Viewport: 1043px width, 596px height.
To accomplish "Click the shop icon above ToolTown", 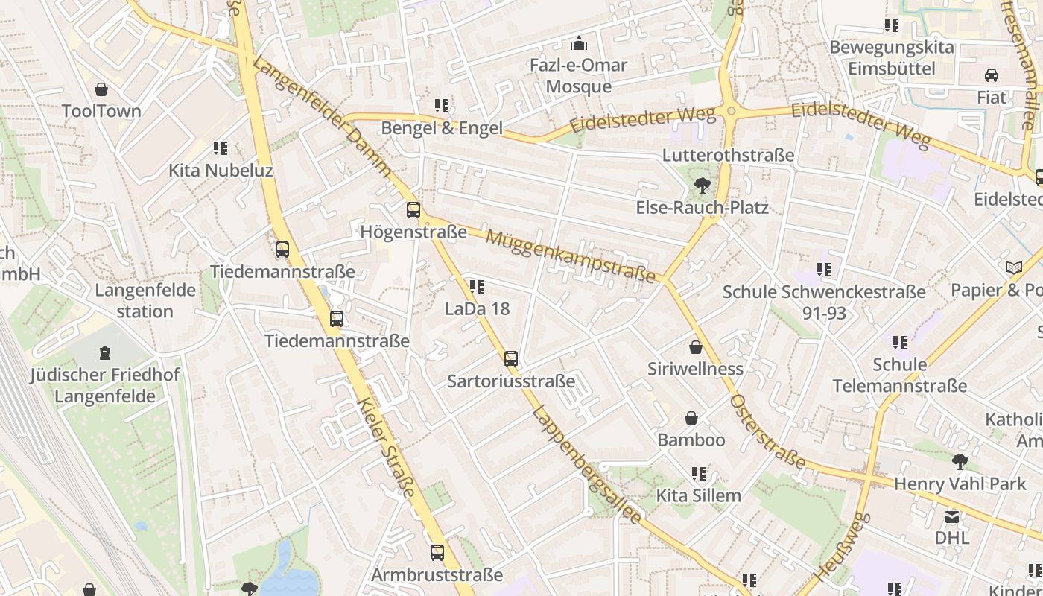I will click(x=101, y=90).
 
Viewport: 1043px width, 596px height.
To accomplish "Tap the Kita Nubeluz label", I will click(x=220, y=171).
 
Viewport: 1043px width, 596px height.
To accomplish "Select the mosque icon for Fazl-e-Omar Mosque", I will click(x=579, y=44).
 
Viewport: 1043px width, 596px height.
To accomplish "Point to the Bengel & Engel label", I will click(x=442, y=128).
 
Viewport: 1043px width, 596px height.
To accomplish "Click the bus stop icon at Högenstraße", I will click(x=413, y=210).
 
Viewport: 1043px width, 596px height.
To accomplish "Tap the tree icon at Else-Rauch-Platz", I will click(x=701, y=186).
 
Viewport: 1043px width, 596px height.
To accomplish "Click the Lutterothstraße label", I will click(x=728, y=155).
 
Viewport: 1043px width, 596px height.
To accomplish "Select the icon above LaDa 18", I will click(x=477, y=287).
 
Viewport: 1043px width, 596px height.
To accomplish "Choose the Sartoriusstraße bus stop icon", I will click(x=511, y=359).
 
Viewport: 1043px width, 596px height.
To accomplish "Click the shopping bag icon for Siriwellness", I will click(x=695, y=347).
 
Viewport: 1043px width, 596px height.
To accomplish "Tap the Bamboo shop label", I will click(x=691, y=440).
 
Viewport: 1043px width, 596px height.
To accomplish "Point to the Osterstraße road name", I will click(x=767, y=432).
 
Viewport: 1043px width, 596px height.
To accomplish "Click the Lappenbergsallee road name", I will click(x=587, y=465).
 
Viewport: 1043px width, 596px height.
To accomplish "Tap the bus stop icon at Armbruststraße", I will click(x=437, y=553).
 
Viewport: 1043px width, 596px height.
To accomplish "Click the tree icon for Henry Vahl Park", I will click(x=960, y=462).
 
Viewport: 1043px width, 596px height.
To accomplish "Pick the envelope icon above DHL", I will click(x=952, y=516).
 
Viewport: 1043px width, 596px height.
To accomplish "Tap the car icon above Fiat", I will click(x=992, y=75).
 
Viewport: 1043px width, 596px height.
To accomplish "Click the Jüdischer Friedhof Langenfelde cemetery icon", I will click(x=105, y=352).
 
